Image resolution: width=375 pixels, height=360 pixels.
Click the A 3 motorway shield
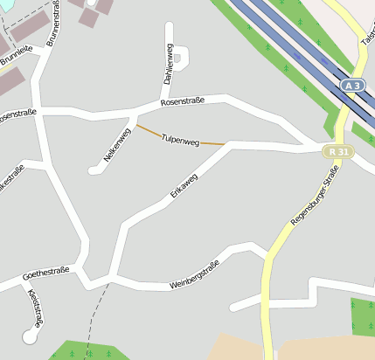coord(352,86)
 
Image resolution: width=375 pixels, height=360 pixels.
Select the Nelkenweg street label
coord(117,145)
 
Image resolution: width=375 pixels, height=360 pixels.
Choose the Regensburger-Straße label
coord(314,201)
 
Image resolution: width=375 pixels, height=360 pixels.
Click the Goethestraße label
coord(45,274)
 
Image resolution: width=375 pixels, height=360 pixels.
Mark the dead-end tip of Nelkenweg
coord(93,170)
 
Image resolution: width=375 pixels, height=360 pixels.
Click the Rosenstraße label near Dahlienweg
coord(183,102)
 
